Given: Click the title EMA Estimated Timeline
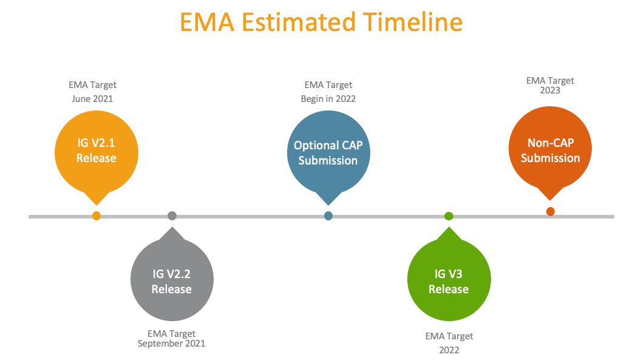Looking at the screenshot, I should tap(322, 22).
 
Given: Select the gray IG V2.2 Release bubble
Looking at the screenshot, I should tap(172, 280).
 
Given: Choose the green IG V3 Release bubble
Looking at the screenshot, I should tap(449, 280).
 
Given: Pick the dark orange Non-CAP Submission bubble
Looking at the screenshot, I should tap(550, 151).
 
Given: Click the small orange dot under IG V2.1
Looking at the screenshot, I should tap(96, 216).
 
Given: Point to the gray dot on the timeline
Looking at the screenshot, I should tap(172, 216).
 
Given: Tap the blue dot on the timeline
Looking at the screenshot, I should tap(328, 216).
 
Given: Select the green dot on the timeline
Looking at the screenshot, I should tap(449, 216).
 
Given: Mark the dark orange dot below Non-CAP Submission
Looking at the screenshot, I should tap(551, 211).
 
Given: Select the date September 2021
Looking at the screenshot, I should tap(172, 344).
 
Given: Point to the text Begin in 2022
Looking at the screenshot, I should tap(328, 98).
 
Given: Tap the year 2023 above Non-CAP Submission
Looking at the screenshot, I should tap(550, 90).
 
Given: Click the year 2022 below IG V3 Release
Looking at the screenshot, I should tap(449, 350).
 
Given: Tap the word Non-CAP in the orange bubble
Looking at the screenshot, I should tap(551, 143).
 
